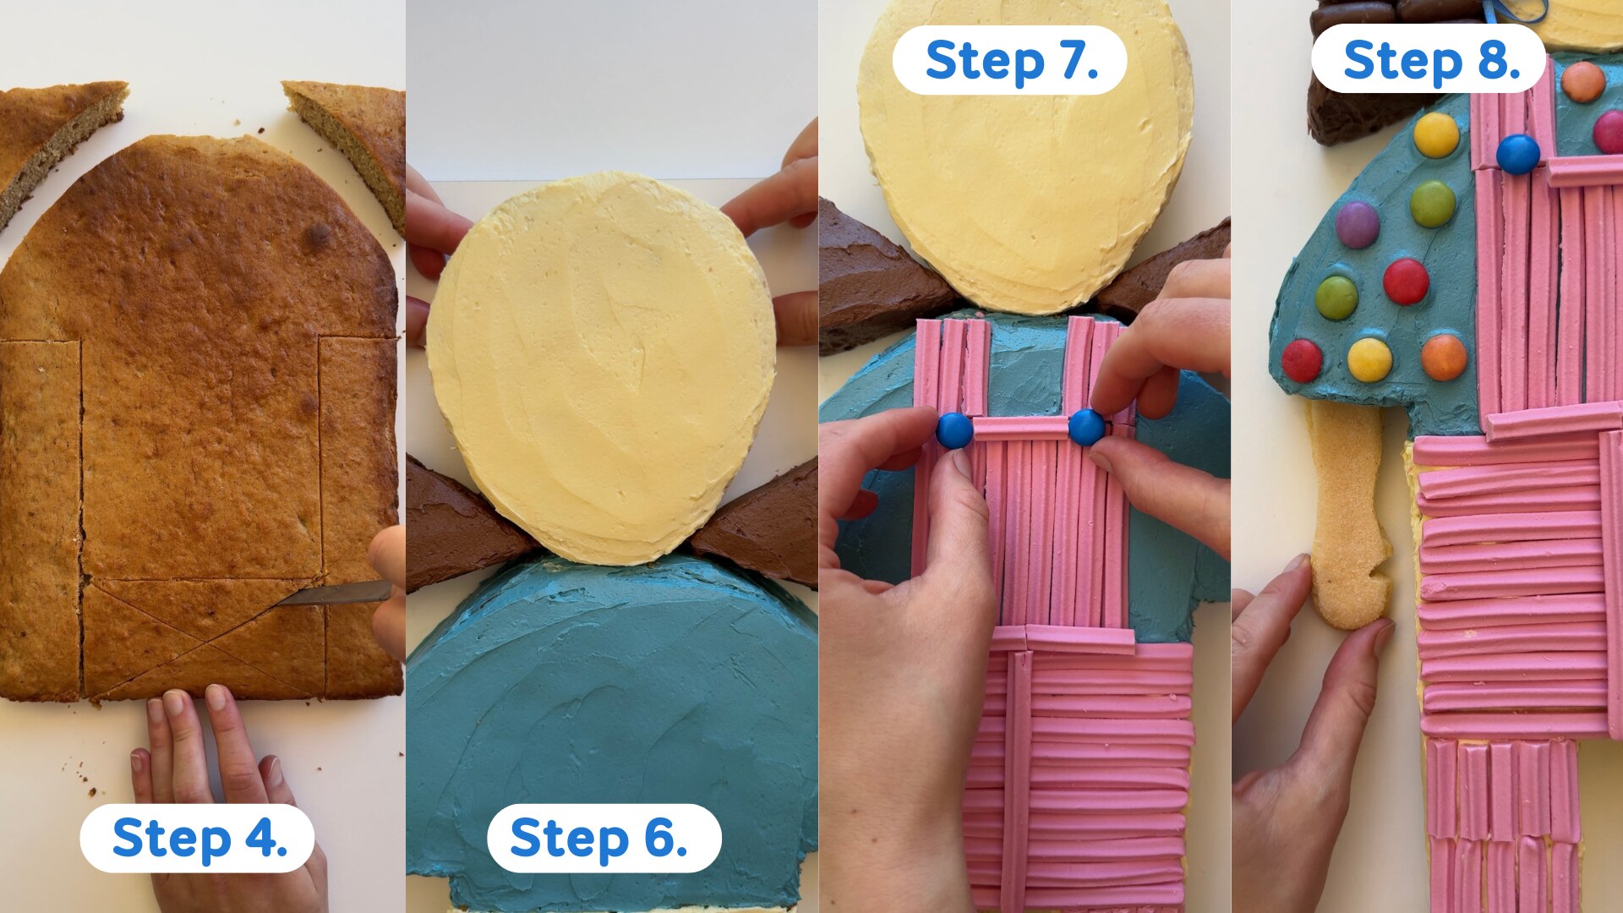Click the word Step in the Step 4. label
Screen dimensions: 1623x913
coord(172,839)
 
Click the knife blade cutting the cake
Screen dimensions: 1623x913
coord(333,594)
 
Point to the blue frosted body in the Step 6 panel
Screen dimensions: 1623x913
coord(613,727)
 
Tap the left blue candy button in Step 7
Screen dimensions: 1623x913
coord(954,430)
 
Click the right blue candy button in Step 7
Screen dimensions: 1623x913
coord(1086,427)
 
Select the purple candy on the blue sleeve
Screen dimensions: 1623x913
coord(1358,225)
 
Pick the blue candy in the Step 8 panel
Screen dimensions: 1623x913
coord(1518,154)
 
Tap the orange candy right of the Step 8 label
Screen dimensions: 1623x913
coord(1583,82)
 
